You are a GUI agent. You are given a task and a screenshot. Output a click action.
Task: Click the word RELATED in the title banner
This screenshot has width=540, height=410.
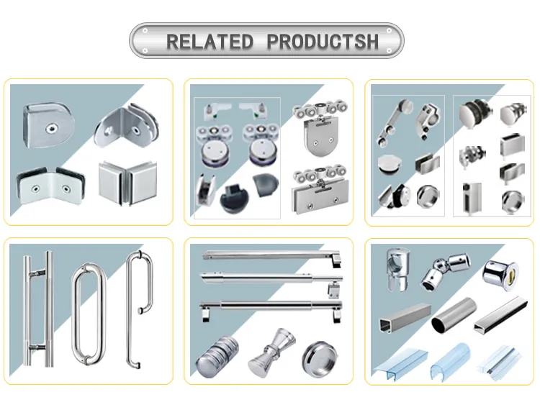210,41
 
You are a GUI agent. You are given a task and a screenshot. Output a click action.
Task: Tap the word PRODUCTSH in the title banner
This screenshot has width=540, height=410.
323,41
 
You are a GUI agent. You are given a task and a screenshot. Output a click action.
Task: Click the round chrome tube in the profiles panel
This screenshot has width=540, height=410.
451,317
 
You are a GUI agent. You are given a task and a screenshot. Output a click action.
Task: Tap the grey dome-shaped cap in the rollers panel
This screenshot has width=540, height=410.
264,188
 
